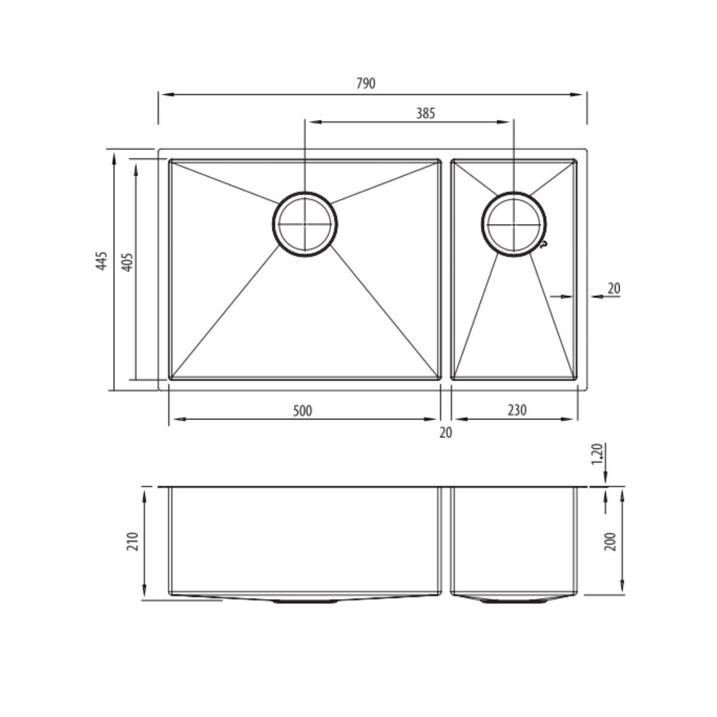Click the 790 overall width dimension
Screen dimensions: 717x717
(x=366, y=84)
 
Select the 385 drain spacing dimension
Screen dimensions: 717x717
(x=425, y=112)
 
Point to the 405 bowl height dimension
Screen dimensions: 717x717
(x=127, y=262)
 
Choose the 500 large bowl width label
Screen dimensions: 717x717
(x=303, y=410)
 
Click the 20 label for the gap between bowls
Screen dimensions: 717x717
(x=446, y=433)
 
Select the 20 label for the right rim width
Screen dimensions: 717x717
(x=614, y=289)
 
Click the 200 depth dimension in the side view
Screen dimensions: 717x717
(x=610, y=541)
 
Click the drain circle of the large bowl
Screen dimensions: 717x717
(x=305, y=225)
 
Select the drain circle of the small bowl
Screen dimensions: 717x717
(x=514, y=225)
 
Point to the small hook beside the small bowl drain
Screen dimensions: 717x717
(x=543, y=244)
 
